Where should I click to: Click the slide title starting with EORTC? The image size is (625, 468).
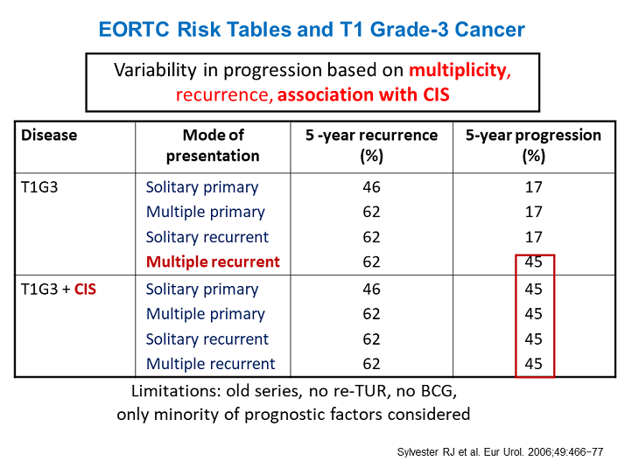pos(312,30)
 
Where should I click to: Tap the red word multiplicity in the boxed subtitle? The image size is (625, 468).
pos(455,70)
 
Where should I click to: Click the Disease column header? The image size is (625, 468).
pos(49,136)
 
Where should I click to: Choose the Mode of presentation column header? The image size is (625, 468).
pos(213,145)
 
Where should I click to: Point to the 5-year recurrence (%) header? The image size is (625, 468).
pos(371,145)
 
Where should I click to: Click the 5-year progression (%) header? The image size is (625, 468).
pos(533,145)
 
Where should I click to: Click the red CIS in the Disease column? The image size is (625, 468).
pos(85,290)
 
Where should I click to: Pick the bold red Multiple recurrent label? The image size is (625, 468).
pos(213,262)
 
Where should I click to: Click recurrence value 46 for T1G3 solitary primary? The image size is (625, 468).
pos(371,187)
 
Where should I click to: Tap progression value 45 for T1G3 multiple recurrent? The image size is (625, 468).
pos(534,262)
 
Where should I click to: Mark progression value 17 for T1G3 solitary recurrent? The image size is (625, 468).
pos(534,237)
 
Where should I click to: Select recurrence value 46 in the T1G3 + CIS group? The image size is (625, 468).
pos(371,290)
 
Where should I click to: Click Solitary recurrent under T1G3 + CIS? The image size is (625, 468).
pos(207,339)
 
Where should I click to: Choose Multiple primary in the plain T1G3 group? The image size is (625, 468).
pos(206,212)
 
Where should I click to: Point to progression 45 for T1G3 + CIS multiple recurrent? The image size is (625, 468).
pos(534,364)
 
